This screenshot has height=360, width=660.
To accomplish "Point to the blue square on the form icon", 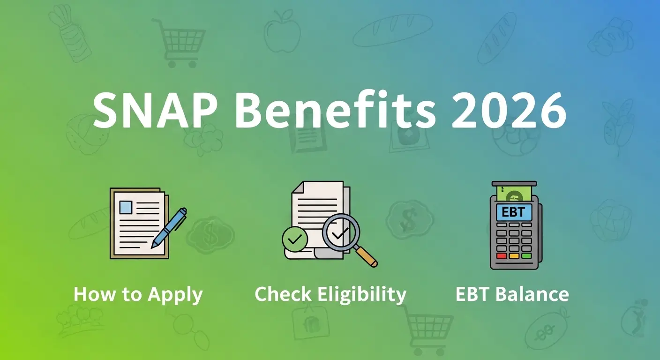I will point(126,207).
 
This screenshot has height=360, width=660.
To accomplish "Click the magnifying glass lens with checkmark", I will point(340,232).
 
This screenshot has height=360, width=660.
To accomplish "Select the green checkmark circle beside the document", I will point(295,240).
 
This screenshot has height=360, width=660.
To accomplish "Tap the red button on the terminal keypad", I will point(502,256).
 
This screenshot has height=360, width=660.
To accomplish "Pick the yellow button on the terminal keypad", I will point(514,256).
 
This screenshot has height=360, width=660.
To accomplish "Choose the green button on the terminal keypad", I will point(526,256).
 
